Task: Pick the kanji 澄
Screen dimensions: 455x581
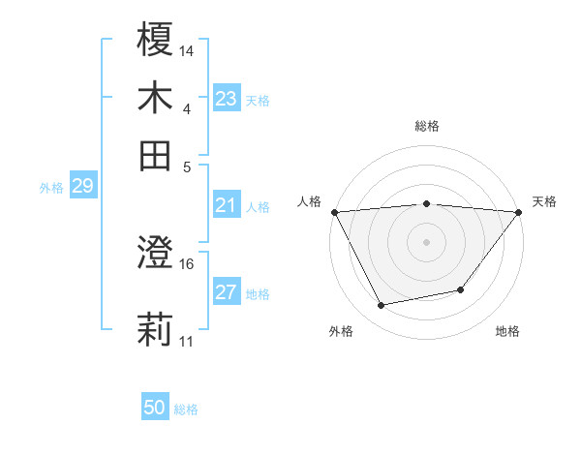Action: coord(156,254)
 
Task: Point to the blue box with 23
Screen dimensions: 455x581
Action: coord(227,98)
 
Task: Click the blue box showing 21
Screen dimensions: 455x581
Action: coord(227,205)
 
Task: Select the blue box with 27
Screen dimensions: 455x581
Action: coord(227,292)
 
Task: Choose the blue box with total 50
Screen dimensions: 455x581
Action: coord(155,408)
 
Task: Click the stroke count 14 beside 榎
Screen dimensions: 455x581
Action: coord(187,49)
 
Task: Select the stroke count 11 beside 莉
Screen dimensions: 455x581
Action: coord(187,341)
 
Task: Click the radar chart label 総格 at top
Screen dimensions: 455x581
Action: coord(427,126)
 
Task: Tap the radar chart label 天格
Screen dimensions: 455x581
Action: coord(545,201)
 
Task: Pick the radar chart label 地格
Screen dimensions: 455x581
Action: coord(507,332)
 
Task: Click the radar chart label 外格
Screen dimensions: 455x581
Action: coord(341,332)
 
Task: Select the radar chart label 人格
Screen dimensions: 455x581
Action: coord(310,201)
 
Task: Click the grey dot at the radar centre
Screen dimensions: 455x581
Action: coord(426,241)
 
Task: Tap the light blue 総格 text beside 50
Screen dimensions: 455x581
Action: coord(186,409)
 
